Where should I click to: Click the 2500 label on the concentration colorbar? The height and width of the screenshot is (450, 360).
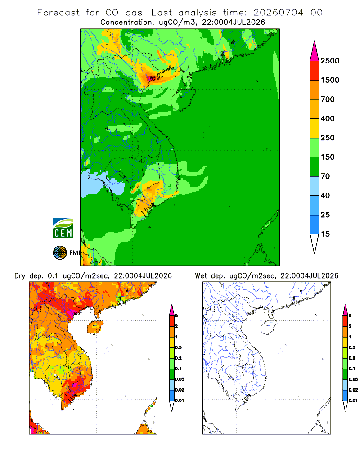tap(330, 61)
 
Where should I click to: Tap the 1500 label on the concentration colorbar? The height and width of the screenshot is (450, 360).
tap(330, 80)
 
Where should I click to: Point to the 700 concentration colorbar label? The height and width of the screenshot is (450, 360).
tap(328, 99)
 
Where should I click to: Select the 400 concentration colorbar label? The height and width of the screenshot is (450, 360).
tap(328, 118)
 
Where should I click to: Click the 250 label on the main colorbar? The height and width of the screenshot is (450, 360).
tap(328, 138)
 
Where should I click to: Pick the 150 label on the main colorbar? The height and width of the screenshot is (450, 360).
tap(328, 157)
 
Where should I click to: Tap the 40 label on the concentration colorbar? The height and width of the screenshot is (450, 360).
tap(325, 195)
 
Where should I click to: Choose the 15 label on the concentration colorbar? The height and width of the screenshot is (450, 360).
tap(325, 234)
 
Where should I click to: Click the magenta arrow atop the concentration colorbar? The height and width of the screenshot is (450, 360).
tap(315, 51)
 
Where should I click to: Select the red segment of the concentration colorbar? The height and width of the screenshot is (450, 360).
tap(315, 70)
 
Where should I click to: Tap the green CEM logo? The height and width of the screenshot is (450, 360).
tap(63, 229)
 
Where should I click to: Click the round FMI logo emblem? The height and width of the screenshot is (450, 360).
tap(60, 253)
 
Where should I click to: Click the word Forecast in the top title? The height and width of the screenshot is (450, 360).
tap(58, 13)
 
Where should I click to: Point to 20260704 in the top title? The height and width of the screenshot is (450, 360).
tap(278, 13)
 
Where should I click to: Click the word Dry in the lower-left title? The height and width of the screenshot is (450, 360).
tap(20, 276)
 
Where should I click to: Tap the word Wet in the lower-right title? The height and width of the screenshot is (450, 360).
tap(201, 276)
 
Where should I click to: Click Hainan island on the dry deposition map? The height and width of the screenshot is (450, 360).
tap(95, 327)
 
